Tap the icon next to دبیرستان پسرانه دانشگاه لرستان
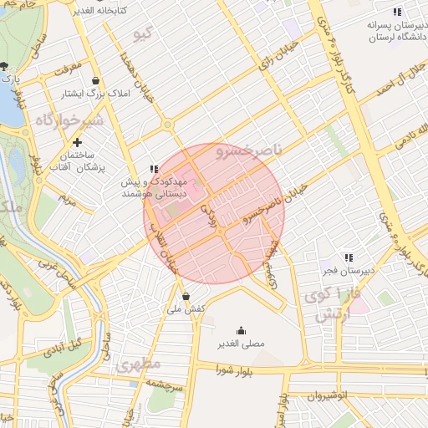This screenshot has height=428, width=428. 396,12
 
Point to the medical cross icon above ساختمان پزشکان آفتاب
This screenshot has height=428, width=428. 78,143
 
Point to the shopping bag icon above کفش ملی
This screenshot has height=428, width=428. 186,296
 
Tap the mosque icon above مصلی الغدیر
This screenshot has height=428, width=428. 242,330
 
